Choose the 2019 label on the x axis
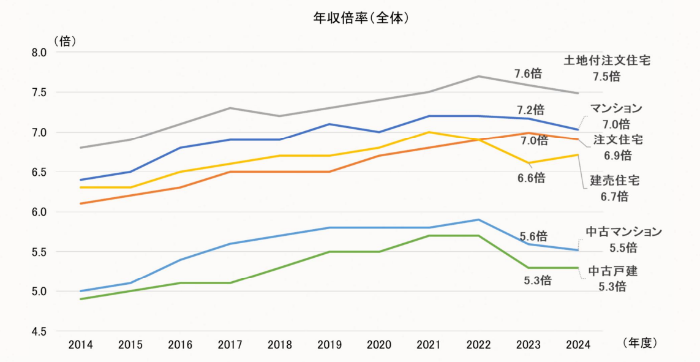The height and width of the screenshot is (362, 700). pyautogui.click(x=329, y=345)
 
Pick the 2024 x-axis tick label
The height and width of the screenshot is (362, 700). pyautogui.click(x=578, y=345)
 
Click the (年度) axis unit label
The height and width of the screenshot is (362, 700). pyautogui.click(x=639, y=343)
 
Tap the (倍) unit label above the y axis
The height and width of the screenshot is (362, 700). pyautogui.click(x=65, y=41)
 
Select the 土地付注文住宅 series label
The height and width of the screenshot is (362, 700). pyautogui.click(x=606, y=61)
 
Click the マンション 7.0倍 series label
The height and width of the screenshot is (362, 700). pyautogui.click(x=615, y=116)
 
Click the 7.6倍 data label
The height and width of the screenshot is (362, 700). pyautogui.click(x=528, y=74)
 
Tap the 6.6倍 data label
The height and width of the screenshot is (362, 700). pyautogui.click(x=530, y=178)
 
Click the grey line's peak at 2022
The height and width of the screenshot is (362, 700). pyautogui.click(x=478, y=76)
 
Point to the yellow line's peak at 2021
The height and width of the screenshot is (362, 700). pyautogui.click(x=429, y=132)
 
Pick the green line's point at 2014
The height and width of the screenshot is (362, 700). pyautogui.click(x=81, y=299)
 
